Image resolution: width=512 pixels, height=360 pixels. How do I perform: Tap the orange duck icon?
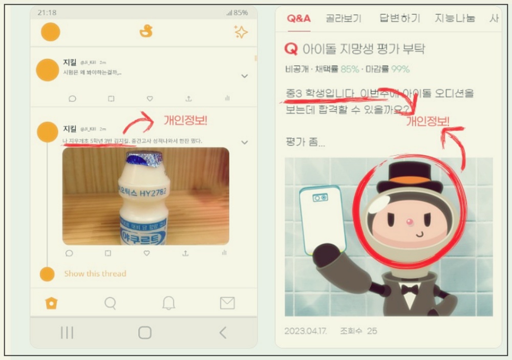tap(146, 31)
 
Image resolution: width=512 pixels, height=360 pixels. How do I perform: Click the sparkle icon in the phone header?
tap(240, 32)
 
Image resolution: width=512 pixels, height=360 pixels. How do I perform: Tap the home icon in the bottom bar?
tap(51, 303)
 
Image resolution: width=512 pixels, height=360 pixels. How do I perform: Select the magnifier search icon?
tap(110, 303)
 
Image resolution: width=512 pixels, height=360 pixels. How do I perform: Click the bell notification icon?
tap(168, 303)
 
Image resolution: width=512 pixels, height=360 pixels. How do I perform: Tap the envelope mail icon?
tap(227, 303)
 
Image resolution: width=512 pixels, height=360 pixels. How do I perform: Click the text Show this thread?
tap(95, 273)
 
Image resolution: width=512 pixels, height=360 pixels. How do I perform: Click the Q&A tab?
tap(298, 18)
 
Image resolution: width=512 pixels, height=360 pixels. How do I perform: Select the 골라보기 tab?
tap(344, 18)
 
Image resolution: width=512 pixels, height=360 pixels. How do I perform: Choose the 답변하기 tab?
tap(400, 18)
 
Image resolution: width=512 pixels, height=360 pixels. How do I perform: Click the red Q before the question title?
tap(290, 49)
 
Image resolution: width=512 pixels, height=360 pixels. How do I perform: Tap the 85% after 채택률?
tap(350, 69)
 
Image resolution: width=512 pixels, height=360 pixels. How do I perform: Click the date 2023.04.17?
tap(305, 331)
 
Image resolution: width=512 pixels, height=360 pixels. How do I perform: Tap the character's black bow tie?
tap(410, 289)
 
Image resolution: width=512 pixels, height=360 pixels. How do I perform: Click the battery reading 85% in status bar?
tap(241, 12)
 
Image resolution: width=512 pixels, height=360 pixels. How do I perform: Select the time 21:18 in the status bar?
tap(47, 12)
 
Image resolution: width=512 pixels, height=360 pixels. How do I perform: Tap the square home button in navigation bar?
tap(145, 333)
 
